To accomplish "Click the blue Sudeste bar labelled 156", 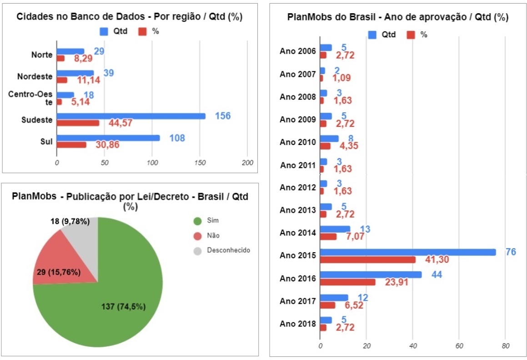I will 131,116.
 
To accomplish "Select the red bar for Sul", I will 71,145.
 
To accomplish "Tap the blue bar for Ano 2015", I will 407,252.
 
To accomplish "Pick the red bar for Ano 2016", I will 347,282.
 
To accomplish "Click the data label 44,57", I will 123,123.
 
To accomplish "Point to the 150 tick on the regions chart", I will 200,163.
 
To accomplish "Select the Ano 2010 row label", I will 298,142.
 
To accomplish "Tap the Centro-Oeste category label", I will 30,98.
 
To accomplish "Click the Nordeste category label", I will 35,76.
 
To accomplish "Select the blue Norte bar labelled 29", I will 70,51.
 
